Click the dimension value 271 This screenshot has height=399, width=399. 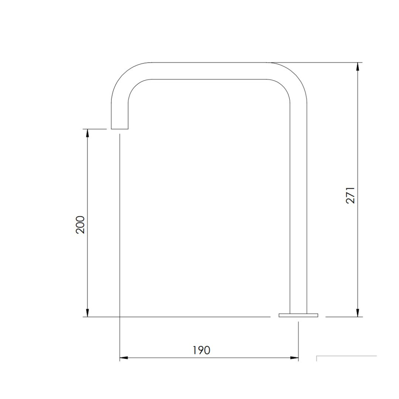pyautogui.click(x=350, y=195)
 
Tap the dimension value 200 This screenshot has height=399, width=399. pyautogui.click(x=80, y=225)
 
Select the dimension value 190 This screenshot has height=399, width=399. pyautogui.click(x=201, y=350)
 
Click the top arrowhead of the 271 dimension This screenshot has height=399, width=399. pyautogui.click(x=358, y=67)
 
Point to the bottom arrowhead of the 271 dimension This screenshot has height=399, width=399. pyautogui.click(x=358, y=313)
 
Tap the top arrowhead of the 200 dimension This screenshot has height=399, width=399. pyautogui.click(x=87, y=133)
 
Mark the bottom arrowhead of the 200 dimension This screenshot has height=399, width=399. pyautogui.click(x=87, y=313)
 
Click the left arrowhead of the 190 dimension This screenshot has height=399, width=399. pyautogui.click(x=124, y=358)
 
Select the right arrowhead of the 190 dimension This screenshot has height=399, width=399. pyautogui.click(x=294, y=358)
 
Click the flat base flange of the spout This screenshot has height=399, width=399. pyautogui.click(x=298, y=315)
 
